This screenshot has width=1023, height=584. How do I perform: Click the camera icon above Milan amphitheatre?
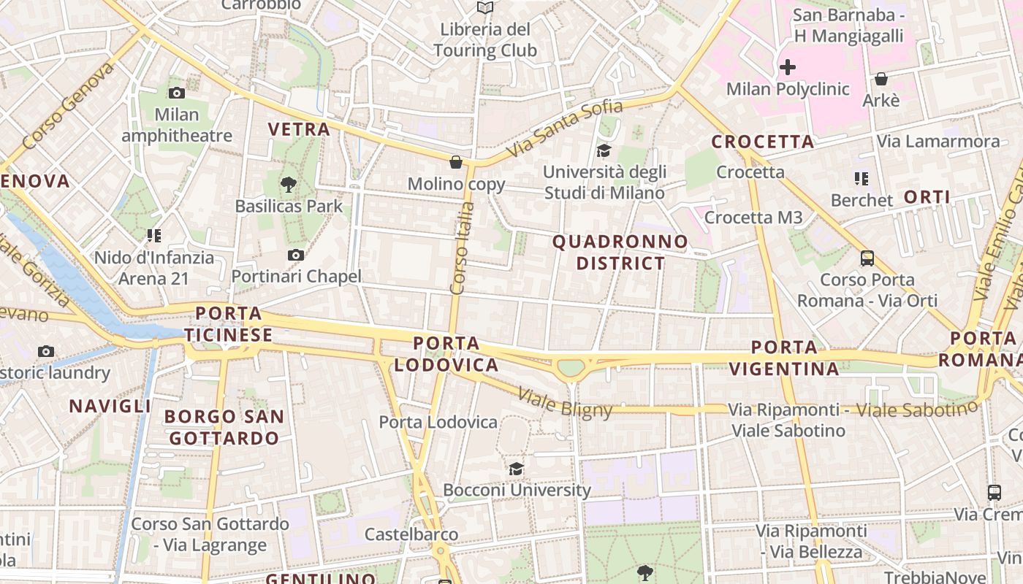[x=176, y=93]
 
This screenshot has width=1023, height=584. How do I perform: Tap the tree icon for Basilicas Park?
[x=289, y=184]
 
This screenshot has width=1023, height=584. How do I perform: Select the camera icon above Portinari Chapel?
[x=295, y=255]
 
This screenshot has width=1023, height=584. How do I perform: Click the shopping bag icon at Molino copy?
[x=456, y=162]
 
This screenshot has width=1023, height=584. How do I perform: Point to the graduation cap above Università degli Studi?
[x=604, y=150]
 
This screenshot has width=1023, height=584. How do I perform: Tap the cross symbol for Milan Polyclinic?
[x=787, y=68]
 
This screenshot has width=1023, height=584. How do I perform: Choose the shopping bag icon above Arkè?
[x=881, y=79]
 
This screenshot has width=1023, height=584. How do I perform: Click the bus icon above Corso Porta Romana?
[x=867, y=258]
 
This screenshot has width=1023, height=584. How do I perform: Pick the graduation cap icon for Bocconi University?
[x=517, y=469]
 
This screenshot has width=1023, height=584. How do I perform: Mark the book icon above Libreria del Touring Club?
[x=484, y=8]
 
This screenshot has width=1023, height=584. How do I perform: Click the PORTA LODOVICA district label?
[x=446, y=354]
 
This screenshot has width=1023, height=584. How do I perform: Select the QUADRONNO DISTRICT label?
[x=620, y=252]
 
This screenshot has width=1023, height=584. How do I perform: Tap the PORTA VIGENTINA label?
[x=785, y=358]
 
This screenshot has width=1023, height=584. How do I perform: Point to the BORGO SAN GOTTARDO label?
[x=224, y=428]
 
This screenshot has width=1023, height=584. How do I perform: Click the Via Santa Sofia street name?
[x=566, y=128]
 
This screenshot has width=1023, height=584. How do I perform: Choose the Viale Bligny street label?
[x=565, y=403]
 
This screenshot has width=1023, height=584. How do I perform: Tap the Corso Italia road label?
[x=463, y=248]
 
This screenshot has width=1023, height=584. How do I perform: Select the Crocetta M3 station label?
[x=753, y=218]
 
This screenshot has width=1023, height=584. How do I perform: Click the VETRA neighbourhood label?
[x=299, y=129]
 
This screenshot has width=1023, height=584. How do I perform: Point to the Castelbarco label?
[x=411, y=534]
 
